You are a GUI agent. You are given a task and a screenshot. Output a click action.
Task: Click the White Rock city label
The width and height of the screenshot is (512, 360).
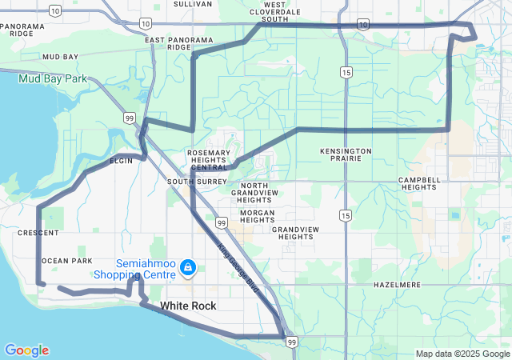(x=188, y=306)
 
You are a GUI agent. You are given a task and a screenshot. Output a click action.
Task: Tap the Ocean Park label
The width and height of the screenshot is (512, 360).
(x=66, y=261)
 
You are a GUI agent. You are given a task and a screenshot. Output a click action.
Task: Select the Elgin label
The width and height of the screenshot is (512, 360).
(x=121, y=161)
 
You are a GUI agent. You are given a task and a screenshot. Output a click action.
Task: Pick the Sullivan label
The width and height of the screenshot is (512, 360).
(x=193, y=4)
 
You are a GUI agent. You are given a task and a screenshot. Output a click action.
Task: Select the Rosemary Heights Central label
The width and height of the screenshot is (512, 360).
(x=208, y=160)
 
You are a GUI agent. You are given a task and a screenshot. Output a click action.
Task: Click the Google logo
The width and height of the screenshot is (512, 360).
(x=26, y=350)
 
